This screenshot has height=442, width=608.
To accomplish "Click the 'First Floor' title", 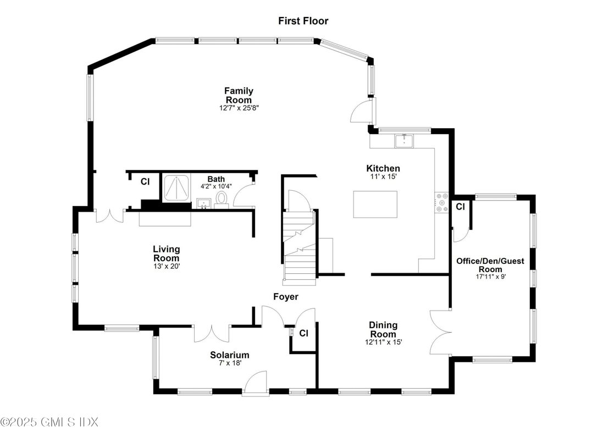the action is click(x=303, y=21).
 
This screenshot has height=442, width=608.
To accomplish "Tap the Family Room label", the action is click(x=239, y=95).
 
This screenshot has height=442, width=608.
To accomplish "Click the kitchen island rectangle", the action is click(x=375, y=204).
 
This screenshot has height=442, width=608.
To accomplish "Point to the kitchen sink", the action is click(x=405, y=141).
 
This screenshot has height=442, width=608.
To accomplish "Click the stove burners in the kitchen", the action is click(x=441, y=202).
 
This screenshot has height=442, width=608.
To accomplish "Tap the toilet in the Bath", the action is click(x=222, y=200).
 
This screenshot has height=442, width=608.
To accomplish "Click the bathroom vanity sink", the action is click(x=204, y=203).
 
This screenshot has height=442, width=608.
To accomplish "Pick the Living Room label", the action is click(x=167, y=253).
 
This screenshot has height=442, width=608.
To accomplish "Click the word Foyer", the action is click(x=286, y=297).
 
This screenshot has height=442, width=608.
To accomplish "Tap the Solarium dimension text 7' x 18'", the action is click(x=230, y=363).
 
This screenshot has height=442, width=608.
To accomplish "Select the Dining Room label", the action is click(x=383, y=329).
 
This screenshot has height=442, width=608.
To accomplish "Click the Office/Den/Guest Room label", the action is click(x=490, y=265).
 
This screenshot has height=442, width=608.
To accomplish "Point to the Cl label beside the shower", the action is click(x=145, y=181).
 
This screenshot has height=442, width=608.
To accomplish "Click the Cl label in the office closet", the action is click(x=460, y=207).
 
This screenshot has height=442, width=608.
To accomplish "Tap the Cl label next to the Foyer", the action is click(x=303, y=333).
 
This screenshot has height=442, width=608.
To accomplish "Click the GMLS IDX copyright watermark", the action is click(x=49, y=422).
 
